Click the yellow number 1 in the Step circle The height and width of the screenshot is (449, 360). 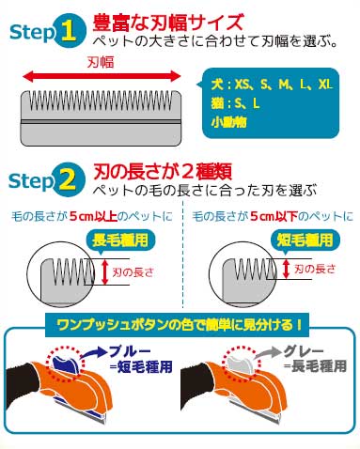tap(68, 31)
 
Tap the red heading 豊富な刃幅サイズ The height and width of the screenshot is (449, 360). tap(168, 23)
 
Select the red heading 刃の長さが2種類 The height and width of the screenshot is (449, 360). tap(163, 171)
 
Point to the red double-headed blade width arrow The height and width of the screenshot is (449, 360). tap(102, 76)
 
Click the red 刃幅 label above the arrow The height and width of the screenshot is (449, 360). tap(101, 62)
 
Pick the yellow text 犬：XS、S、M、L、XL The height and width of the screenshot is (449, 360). tap(272, 85)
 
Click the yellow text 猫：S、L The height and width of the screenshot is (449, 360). tap(235, 103)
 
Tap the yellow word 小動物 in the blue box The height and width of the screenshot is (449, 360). tap(228, 122)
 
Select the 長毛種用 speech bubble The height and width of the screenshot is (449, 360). tap(120, 240)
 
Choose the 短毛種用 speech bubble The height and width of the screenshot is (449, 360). tap(305, 240)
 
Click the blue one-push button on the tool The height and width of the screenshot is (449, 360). tap(66, 364)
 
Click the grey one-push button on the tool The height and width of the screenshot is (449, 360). tap(241, 364)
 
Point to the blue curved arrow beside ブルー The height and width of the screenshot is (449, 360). tap(93, 352)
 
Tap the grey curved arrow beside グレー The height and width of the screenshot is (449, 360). tap(268, 352)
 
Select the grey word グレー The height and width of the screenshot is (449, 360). tap(304, 351)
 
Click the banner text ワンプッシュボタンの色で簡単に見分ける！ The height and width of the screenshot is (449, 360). tap(180, 325)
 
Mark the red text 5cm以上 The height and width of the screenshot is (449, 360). tap(93, 216)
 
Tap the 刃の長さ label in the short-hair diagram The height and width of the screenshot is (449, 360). tap(315, 269)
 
